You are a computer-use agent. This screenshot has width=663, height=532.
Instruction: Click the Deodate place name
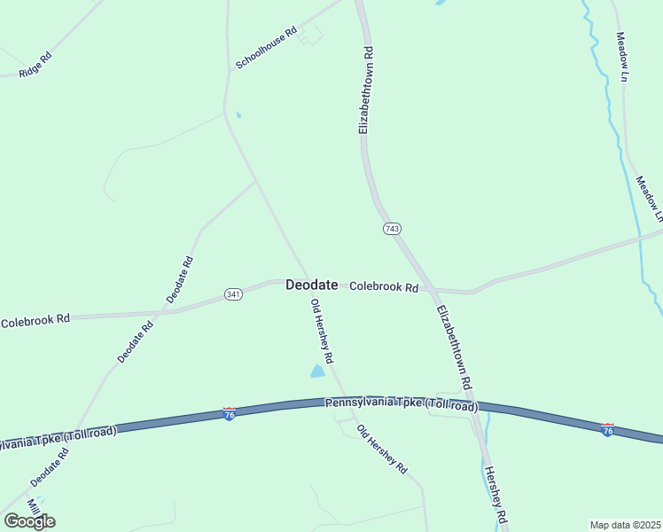tap(311, 286)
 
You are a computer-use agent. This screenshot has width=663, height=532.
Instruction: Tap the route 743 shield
tap(392, 229)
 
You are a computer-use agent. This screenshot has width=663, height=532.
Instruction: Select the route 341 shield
tap(233, 294)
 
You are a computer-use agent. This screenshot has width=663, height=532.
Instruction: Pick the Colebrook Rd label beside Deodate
tap(383, 287)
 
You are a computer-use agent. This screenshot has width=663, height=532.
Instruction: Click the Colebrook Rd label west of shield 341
tap(35, 321)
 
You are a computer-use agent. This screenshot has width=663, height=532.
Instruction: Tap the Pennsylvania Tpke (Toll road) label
tap(402, 404)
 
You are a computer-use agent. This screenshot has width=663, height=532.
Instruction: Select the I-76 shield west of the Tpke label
tap(229, 414)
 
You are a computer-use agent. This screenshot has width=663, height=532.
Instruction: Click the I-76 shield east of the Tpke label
tap(607, 430)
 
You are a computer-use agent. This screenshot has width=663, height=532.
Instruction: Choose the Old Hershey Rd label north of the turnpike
tap(321, 332)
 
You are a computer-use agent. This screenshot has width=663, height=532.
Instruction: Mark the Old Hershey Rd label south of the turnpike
tap(382, 449)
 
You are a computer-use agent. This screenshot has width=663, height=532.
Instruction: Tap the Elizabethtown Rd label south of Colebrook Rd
tap(453, 343)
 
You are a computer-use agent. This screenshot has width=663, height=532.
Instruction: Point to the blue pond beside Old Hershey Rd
tap(317, 372)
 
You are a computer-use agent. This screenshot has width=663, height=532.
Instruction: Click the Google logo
tap(29, 520)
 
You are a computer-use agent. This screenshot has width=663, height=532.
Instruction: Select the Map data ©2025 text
tap(625, 525)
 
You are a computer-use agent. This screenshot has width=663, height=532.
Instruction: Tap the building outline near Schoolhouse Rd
tap(310, 35)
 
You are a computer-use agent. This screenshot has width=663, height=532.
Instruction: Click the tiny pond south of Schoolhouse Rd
tap(238, 114)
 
